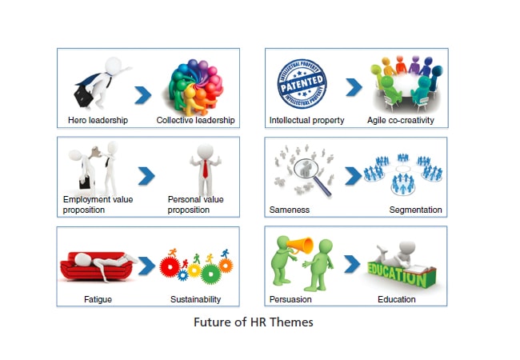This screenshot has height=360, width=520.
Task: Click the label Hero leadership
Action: click(98, 120)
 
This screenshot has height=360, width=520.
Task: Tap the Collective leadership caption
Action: click(196, 120)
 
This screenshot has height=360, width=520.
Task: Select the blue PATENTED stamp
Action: click(302, 83)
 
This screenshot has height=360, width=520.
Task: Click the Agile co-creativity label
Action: click(401, 120)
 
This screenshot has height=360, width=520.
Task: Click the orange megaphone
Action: click(301, 246)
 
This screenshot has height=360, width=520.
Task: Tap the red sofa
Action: click(97, 266)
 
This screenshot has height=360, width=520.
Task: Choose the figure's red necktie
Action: click(206, 169)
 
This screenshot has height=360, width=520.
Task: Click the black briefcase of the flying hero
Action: click(83, 97)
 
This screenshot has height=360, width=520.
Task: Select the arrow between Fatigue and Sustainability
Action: click(146, 266)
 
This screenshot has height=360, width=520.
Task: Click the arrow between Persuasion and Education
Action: click(352, 264)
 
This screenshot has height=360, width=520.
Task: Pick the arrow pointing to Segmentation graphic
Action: click(353, 176)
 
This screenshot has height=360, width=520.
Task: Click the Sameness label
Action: click(290, 210)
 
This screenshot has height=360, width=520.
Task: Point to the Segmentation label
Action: click(415, 210)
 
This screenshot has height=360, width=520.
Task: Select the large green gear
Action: click(211, 274)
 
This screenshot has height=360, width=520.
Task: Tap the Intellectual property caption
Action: click(306, 120)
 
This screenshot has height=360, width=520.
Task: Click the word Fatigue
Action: click(98, 299)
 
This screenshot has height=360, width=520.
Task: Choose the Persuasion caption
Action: click(290, 299)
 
